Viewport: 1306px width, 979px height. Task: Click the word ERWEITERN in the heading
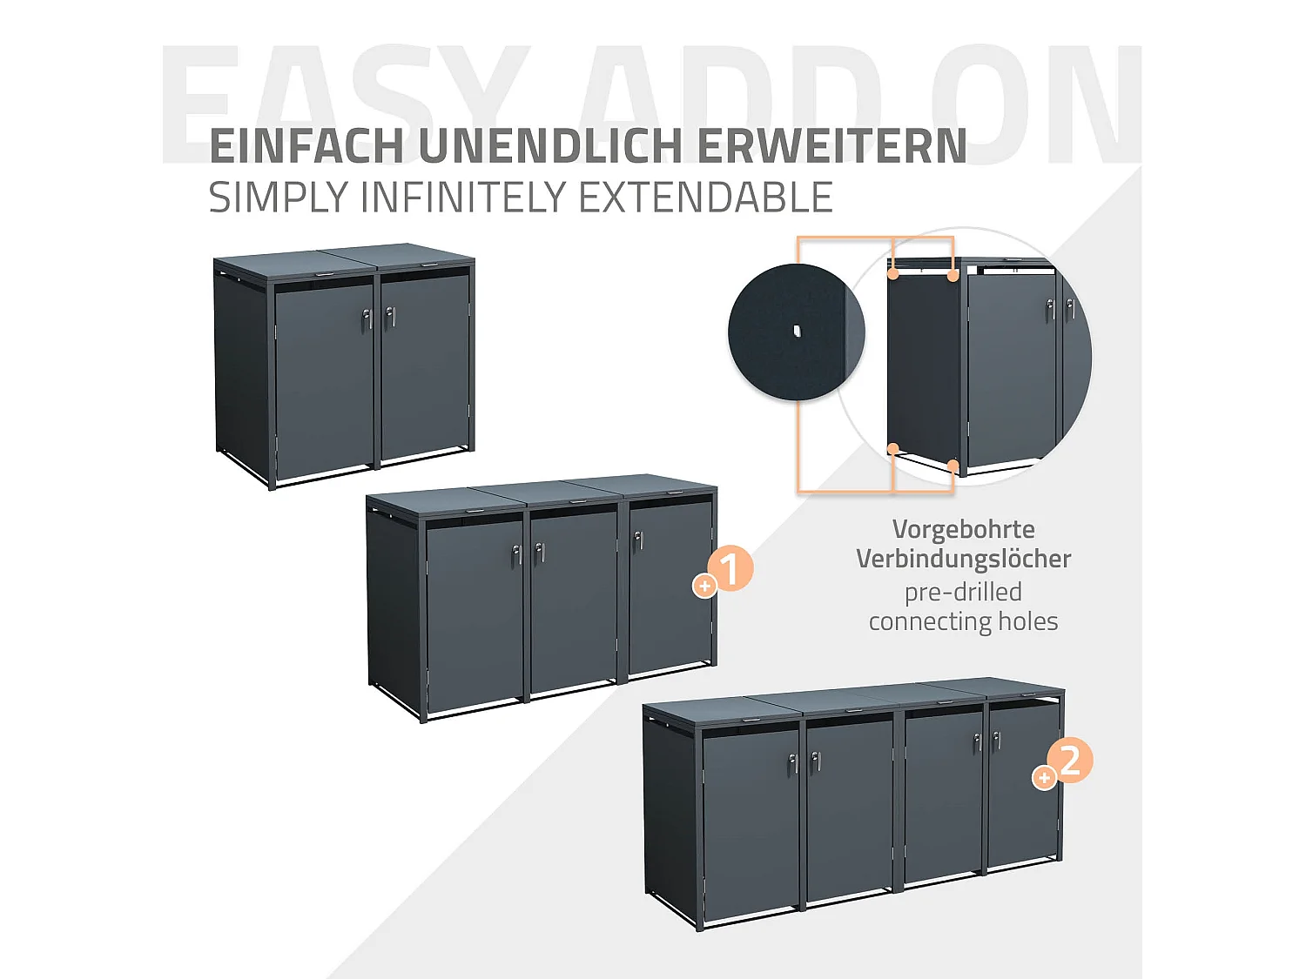pos(831,146)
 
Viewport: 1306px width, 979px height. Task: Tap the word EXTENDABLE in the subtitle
pos(705,198)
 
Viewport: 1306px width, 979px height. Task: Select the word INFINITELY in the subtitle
pos(465,198)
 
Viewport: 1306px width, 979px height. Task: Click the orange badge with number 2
pos(1070,760)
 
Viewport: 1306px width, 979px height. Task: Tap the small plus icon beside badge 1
pos(704,587)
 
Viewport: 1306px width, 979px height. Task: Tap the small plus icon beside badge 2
pos(1043,778)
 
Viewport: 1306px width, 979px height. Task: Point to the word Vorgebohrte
pos(963,529)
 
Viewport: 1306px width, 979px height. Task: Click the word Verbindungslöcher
pos(963,559)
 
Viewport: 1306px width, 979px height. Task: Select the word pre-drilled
pos(963,592)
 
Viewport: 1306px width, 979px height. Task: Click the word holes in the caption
pos(1027,621)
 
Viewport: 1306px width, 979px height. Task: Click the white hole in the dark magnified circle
pos(797,331)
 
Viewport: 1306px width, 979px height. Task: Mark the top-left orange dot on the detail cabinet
pos(893,274)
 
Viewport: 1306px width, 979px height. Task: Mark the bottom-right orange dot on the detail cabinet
pos(953,466)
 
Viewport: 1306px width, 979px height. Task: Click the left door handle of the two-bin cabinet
pos(367,320)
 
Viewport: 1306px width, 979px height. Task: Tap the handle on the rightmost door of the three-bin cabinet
pos(638,541)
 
